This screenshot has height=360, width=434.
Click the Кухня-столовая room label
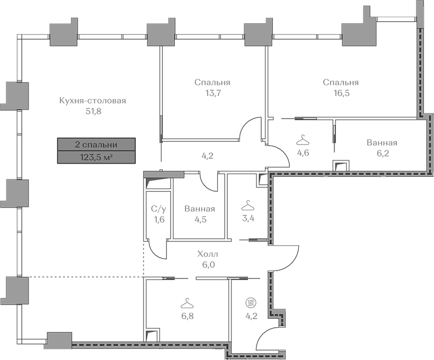point(93,101)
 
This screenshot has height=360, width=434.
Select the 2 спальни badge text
point(96,145)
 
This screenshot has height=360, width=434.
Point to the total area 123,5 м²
point(96,157)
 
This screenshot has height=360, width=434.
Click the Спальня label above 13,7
point(212,83)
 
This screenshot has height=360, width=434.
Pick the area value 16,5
point(341,93)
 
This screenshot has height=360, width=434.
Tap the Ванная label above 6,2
point(382,142)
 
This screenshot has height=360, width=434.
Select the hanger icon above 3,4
point(248,205)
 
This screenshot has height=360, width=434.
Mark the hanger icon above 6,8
point(187,303)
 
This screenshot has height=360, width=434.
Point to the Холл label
point(208,254)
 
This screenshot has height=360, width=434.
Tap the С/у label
point(159,209)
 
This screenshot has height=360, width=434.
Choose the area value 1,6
point(160,220)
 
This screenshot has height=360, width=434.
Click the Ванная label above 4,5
point(200,209)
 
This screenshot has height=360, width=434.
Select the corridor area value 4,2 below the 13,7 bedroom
point(207,156)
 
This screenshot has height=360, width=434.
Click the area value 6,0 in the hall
point(208,265)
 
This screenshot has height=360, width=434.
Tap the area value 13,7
point(212,93)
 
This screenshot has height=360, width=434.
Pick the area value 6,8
point(188,316)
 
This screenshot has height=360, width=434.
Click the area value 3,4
point(248,218)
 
